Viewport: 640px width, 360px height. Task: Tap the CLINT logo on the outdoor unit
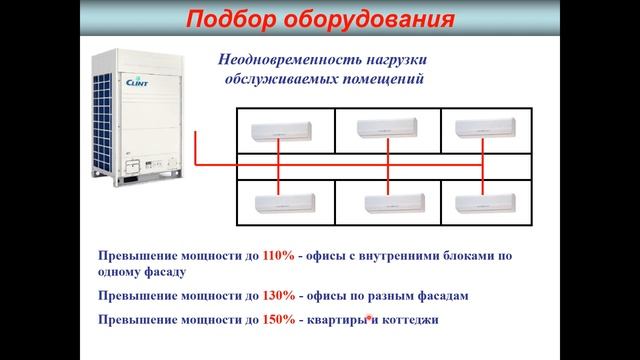click(x=136, y=83)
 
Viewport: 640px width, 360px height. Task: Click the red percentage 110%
click(x=279, y=255)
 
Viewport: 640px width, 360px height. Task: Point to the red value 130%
click(x=279, y=297)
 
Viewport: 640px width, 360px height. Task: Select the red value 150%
click(x=279, y=319)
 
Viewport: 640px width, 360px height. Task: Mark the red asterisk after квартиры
click(x=368, y=317)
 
